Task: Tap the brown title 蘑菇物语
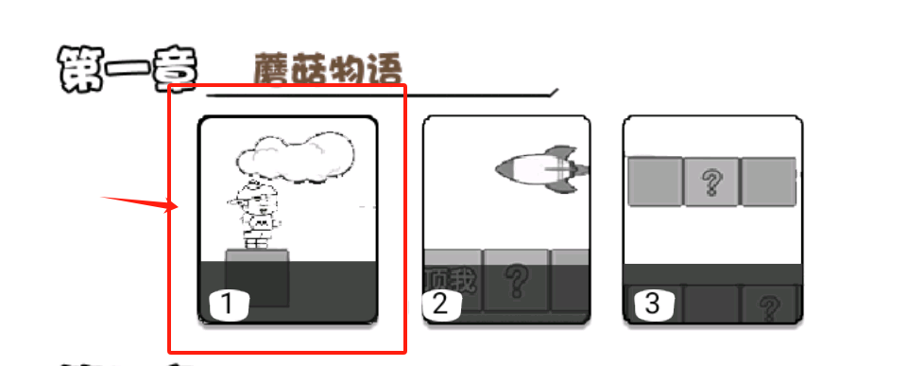click(x=328, y=70)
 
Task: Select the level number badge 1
click(x=228, y=304)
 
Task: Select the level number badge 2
click(x=440, y=304)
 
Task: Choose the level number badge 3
click(x=653, y=304)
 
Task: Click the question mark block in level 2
click(x=516, y=280)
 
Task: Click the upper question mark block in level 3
click(x=711, y=183)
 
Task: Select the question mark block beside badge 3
click(x=770, y=305)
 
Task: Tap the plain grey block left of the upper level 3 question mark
click(x=655, y=183)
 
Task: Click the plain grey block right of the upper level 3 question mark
click(x=767, y=183)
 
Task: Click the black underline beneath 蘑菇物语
click(x=378, y=95)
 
